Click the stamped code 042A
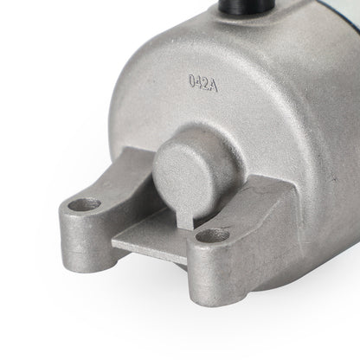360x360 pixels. (203, 83)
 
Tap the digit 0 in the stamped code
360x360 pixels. (192, 80)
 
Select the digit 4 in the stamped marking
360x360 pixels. (199, 82)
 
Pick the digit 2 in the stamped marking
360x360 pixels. (205, 84)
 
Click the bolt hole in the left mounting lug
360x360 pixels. (84, 205)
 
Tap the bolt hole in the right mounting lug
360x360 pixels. (213, 235)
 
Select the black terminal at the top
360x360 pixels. (247, 6)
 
